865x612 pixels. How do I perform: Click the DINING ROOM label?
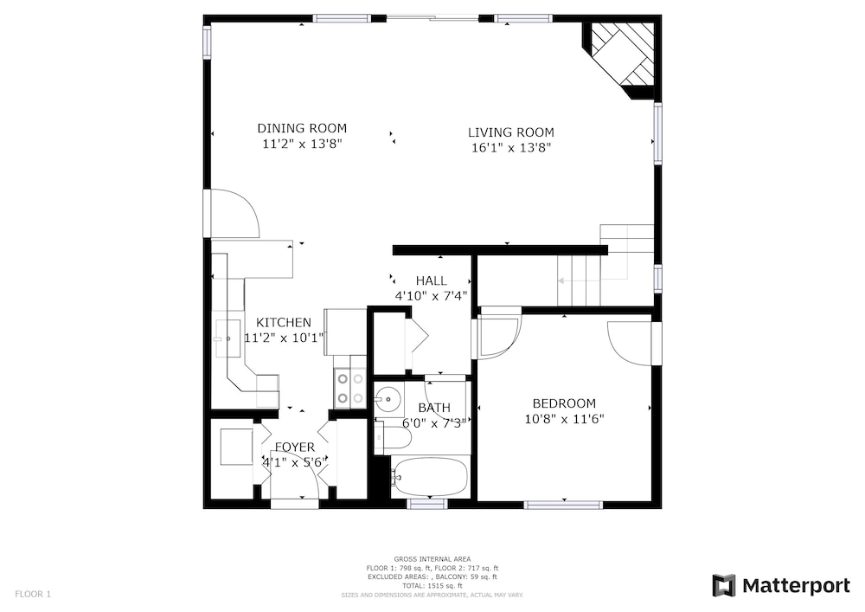(302, 129)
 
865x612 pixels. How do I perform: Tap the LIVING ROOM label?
(511, 132)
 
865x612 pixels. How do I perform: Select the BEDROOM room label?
(564, 403)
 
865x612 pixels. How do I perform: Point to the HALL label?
(432, 280)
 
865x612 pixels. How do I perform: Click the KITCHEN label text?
(284, 322)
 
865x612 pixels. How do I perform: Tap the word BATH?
(434, 408)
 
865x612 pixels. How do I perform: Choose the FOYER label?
(295, 447)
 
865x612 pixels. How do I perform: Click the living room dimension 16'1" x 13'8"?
(511, 148)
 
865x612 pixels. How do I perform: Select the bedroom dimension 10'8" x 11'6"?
(564, 419)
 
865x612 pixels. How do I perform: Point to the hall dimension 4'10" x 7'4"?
(431, 296)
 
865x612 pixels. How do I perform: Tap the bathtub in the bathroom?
(430, 476)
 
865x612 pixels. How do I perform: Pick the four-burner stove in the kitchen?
(350, 389)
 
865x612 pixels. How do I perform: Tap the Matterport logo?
(781, 585)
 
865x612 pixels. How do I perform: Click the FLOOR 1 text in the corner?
(33, 595)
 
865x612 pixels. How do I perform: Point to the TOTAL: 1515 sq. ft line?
(432, 586)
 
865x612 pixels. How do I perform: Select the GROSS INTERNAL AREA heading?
(432, 559)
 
